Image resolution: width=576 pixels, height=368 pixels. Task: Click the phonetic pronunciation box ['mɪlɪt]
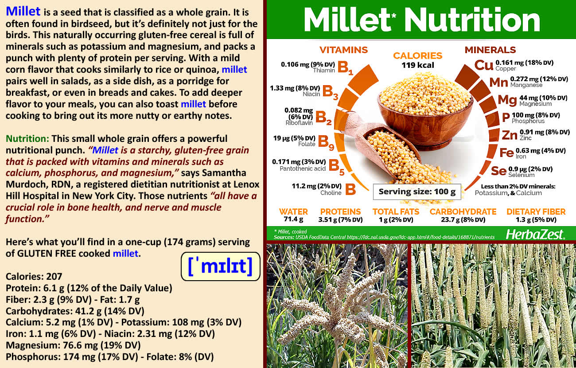(221, 266)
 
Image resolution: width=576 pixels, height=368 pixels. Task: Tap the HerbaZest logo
(535, 234)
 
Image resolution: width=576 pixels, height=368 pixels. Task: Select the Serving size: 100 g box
(417, 192)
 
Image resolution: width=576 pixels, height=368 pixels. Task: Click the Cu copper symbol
(484, 65)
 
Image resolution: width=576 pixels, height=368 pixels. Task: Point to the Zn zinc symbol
(510, 135)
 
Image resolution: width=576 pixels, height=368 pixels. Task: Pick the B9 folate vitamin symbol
(326, 143)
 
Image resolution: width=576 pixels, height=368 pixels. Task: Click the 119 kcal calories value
(418, 65)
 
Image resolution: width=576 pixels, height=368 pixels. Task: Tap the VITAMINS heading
(343, 50)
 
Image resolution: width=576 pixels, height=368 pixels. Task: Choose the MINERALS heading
(490, 50)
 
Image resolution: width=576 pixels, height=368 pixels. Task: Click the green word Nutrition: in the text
(27, 139)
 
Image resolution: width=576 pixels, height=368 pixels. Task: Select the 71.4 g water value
(293, 219)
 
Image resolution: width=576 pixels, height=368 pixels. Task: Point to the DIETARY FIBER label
(536, 211)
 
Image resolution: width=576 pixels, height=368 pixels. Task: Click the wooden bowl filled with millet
(425, 111)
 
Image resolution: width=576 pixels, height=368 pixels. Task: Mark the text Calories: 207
(34, 277)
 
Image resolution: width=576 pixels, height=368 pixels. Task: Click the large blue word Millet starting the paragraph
(23, 12)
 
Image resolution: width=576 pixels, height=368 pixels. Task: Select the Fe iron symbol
(506, 153)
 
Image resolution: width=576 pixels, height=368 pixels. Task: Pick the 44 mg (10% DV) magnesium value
(543, 98)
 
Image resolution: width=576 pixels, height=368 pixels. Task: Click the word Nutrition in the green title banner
(472, 20)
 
